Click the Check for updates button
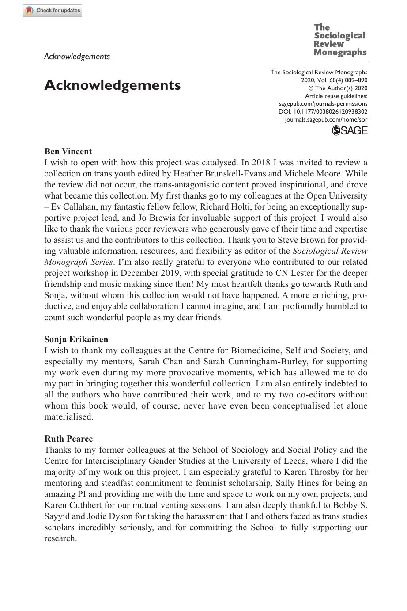(x=53, y=11)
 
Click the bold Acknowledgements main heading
(x=112, y=85)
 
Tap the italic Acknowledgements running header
(x=77, y=56)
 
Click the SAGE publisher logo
(x=349, y=130)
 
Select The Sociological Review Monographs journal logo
(x=340, y=40)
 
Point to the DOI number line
(x=323, y=112)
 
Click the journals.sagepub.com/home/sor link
(x=326, y=120)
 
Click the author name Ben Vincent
(x=68, y=152)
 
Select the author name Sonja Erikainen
(x=76, y=340)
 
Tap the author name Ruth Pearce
(x=68, y=439)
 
